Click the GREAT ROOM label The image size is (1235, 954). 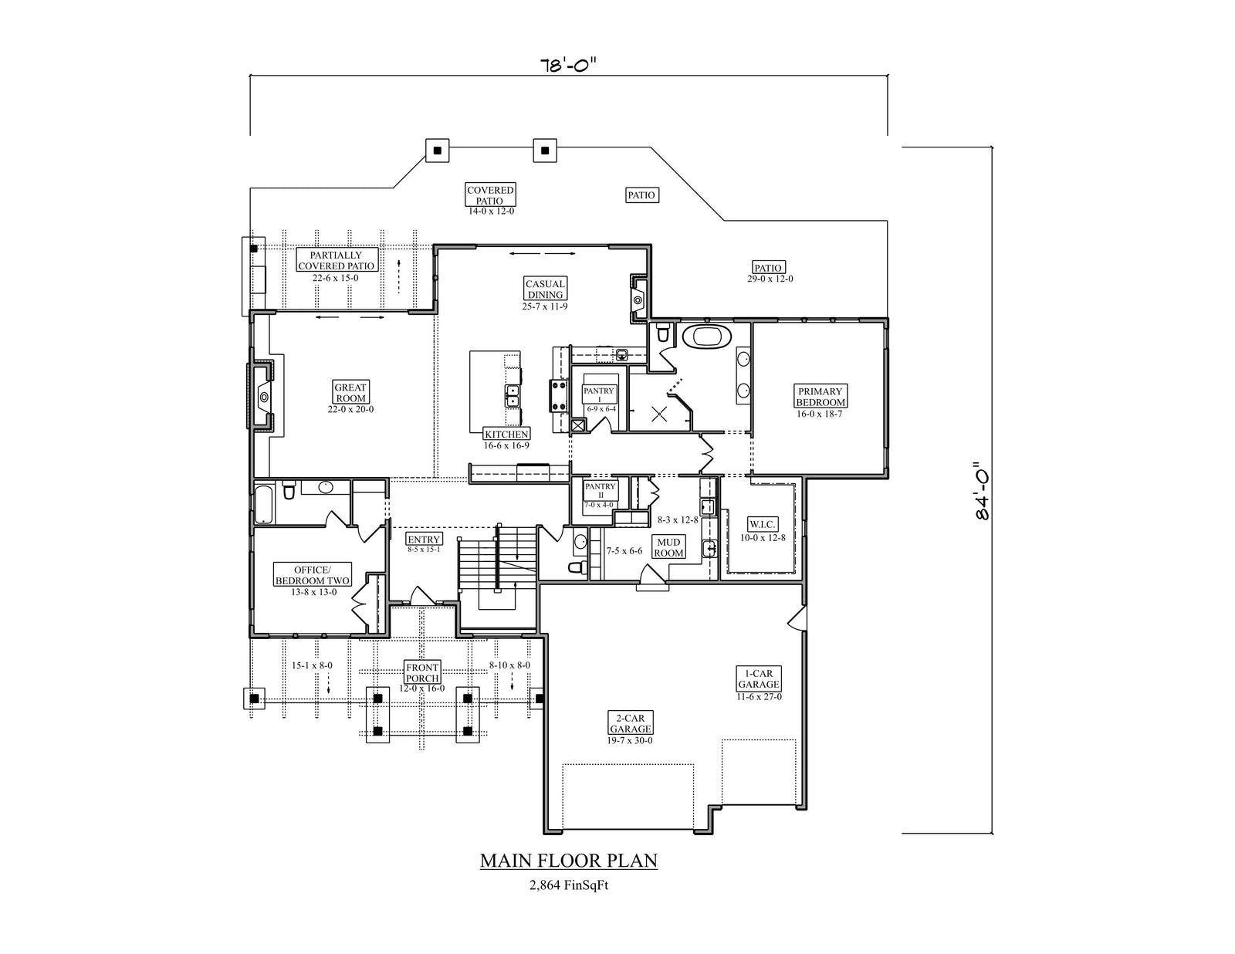[350, 393]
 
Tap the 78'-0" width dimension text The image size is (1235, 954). [568, 65]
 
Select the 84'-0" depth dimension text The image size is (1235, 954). [982, 491]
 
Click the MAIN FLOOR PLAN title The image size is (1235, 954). [569, 861]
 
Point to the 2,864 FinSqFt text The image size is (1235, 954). [569, 885]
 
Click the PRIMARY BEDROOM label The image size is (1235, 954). [820, 397]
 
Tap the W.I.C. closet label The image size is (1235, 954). [763, 525]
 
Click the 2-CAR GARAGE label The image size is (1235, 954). [631, 723]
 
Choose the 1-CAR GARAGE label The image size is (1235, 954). [759, 678]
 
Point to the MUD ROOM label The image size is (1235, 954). [668, 547]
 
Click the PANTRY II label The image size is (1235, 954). [600, 490]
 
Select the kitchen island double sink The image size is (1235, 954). [512, 397]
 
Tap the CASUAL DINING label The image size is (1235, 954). [545, 289]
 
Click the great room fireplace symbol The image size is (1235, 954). [263, 397]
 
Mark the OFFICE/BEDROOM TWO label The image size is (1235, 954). [312, 575]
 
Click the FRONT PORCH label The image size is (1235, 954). [422, 672]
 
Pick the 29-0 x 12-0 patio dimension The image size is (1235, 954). [770, 279]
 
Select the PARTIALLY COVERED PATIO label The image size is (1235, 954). [336, 260]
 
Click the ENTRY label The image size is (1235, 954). [424, 540]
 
